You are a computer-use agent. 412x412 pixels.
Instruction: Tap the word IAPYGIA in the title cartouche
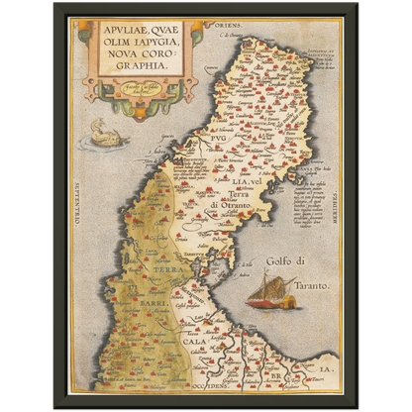(x=147, y=46)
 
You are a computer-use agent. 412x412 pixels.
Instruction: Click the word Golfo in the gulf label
(x=287, y=261)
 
